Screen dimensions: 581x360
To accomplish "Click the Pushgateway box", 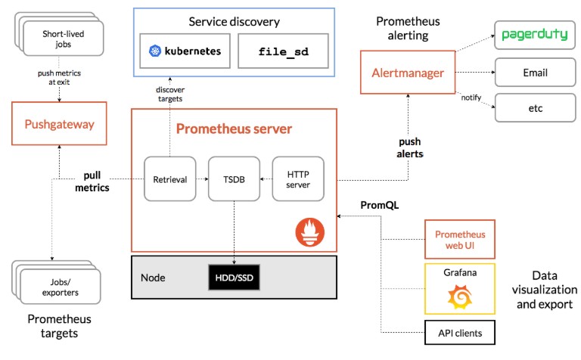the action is [59, 123].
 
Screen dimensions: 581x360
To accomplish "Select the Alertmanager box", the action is [408, 72].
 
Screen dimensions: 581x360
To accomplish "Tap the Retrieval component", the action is [170, 179].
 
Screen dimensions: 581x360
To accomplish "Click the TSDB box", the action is [235, 179].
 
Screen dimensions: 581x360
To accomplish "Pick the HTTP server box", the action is [298, 179].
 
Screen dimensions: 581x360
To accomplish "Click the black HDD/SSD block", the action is [235, 278].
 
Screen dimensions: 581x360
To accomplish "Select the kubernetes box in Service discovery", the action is [185, 51].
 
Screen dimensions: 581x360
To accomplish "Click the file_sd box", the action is [283, 51].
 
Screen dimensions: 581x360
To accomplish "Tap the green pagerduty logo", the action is [535, 35].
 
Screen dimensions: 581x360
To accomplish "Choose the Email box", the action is [535, 72].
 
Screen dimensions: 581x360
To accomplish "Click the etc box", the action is [535, 108].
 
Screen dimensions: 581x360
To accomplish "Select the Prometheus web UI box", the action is [460, 239].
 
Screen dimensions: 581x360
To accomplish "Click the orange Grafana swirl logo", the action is [460, 296].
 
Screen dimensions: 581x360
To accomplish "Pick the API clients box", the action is [460, 333].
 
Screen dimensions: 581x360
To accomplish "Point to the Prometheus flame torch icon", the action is [309, 232].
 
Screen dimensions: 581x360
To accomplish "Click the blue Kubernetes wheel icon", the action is [155, 51].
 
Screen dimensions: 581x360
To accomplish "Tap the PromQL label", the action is [380, 205].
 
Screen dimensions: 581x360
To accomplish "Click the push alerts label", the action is [410, 147].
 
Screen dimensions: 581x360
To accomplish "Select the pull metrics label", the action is [92, 182].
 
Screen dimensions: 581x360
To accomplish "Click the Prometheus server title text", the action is [234, 129].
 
